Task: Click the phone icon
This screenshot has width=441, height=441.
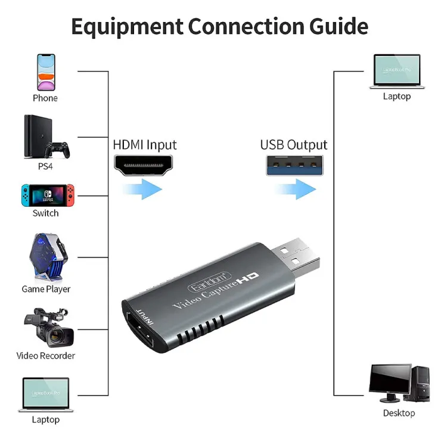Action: pyautogui.click(x=45, y=72)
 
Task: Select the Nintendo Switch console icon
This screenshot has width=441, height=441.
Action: pyautogui.click(x=45, y=194)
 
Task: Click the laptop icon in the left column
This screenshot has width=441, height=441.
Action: pyautogui.click(x=45, y=394)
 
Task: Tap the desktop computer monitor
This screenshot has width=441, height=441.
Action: pyautogui.click(x=390, y=382)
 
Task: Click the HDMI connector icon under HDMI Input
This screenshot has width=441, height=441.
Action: pyautogui.click(x=144, y=165)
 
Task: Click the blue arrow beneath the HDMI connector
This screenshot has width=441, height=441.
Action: pyautogui.click(x=144, y=190)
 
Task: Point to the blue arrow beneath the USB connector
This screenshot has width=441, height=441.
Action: pyautogui.click(x=295, y=190)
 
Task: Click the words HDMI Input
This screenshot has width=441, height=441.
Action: pyautogui.click(x=144, y=145)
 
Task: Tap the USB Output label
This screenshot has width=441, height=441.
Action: pyautogui.click(x=293, y=145)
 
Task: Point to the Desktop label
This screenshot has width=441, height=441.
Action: pyautogui.click(x=399, y=413)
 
